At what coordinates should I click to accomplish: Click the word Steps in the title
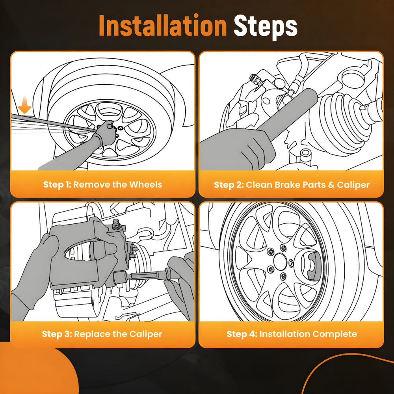pos(265,27)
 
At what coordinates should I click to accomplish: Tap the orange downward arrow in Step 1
pos(24,104)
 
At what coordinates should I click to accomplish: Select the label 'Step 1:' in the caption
pos(57,185)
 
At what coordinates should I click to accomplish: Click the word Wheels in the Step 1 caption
pos(146,185)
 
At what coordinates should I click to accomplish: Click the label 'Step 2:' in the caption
pos(229,185)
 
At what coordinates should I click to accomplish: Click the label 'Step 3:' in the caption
pos(57,334)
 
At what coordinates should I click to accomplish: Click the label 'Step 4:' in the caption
pos(242,334)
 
